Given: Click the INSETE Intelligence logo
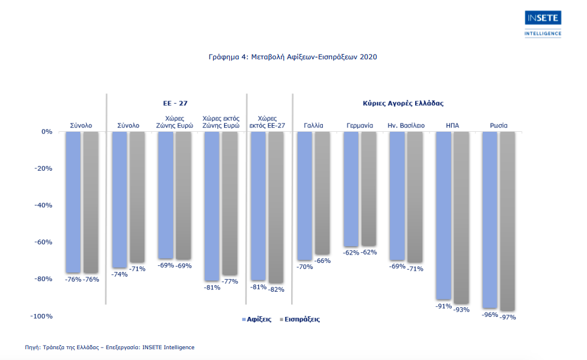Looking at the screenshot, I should click(543, 23).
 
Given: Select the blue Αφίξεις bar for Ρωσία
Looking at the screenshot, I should click(490, 219).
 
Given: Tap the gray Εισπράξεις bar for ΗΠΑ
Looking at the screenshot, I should click(461, 217).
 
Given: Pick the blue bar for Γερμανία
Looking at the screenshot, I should click(351, 189).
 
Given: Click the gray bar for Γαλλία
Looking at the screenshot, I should click(322, 193).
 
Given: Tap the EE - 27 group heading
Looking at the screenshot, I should click(176, 103).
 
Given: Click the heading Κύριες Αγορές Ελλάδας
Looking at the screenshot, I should click(403, 103).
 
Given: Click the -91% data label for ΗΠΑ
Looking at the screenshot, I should click(444, 306).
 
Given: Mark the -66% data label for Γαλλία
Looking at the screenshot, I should click(323, 261).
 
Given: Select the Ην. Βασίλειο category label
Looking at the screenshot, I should click(406, 126).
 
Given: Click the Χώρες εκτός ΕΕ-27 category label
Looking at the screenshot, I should click(267, 122).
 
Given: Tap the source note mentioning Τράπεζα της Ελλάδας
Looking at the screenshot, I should click(110, 347).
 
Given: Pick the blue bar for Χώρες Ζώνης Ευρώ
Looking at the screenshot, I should click(165, 195).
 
